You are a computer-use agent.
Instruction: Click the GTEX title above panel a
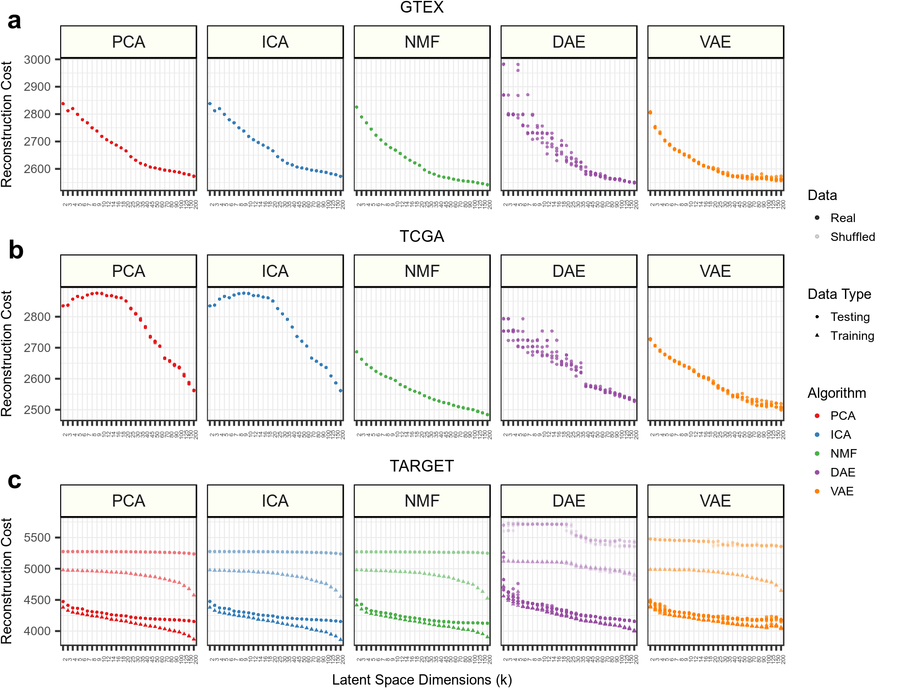[x=422, y=8]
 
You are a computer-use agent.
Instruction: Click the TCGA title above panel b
[x=422, y=236]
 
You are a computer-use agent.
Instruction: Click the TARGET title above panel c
[x=422, y=466]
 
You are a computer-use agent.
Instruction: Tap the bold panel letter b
[x=16, y=250]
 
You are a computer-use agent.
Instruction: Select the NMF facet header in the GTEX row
[x=422, y=42]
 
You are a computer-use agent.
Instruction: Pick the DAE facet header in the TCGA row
[x=569, y=271]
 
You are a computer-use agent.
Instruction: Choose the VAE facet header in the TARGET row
[x=715, y=501]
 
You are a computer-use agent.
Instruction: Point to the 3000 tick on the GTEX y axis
[x=37, y=59]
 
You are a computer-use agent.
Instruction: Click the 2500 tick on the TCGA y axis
[x=37, y=410]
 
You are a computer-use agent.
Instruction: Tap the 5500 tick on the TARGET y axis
[x=37, y=538]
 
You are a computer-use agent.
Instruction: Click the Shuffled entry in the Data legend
[x=852, y=237]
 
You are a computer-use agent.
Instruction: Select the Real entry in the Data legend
[x=843, y=218]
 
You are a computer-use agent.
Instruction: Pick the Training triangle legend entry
[x=852, y=336]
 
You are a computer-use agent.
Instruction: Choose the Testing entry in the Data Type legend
[x=849, y=317]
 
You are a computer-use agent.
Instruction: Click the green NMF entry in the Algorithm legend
[x=843, y=454]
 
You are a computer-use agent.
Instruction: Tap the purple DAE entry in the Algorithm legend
[x=842, y=472]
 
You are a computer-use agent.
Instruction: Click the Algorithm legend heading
[x=836, y=393]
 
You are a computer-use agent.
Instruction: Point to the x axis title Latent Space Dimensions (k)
[x=422, y=680]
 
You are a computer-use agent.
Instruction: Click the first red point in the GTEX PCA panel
[x=63, y=104]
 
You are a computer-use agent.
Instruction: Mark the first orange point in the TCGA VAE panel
[x=650, y=339]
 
